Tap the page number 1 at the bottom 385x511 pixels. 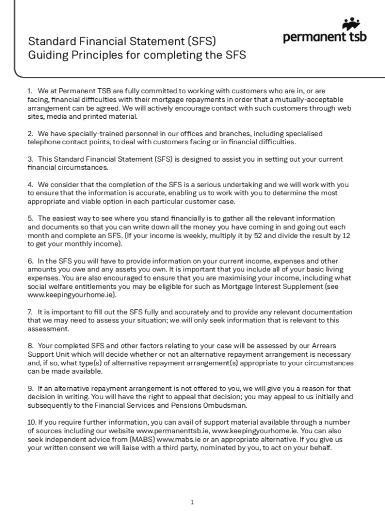point(192,502)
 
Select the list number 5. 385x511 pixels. point(30,218)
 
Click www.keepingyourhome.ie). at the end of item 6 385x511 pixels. point(71,294)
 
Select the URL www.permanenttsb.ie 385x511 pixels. point(172,431)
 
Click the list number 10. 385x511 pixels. point(31,422)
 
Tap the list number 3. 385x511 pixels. point(30,159)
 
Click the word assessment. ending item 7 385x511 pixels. point(48,329)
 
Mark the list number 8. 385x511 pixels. point(30,346)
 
